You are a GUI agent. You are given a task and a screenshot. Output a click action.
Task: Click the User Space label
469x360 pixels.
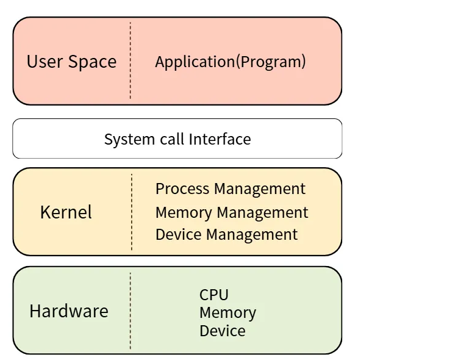point(71,62)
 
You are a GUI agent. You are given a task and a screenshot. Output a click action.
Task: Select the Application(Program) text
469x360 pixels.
point(231,62)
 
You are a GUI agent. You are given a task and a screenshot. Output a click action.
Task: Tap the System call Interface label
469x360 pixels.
point(177,139)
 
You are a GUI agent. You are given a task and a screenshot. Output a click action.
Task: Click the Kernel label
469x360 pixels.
point(66,212)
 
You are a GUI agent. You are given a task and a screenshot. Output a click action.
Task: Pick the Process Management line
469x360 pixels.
point(231,189)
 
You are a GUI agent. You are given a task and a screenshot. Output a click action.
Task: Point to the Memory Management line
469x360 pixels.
point(232,212)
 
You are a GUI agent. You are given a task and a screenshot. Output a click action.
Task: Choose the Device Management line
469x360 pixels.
point(226,234)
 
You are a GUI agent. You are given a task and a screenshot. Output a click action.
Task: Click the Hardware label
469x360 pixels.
point(69,311)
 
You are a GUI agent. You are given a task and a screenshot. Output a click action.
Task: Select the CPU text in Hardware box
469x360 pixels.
point(214,295)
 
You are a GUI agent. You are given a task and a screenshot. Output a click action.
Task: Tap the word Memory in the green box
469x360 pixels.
point(227,313)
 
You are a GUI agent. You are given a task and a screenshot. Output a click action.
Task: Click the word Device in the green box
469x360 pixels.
point(223,331)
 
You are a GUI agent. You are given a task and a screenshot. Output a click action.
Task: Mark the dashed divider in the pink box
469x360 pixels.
point(130,61)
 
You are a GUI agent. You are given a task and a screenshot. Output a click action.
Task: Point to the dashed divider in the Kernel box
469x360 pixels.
point(132,212)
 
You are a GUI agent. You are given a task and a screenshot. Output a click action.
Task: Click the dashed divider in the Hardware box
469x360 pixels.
point(130,311)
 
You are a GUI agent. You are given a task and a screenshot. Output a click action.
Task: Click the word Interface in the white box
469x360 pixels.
point(220,139)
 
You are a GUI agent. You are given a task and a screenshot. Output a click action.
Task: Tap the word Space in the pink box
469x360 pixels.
point(92,62)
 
